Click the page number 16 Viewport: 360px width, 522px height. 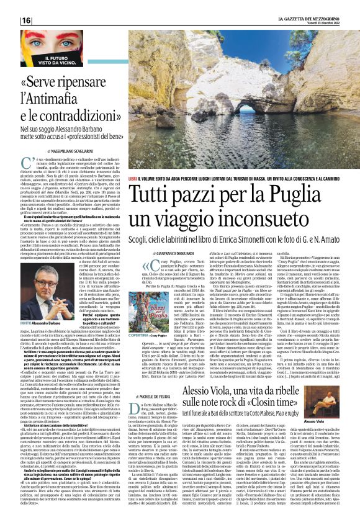coord(27,20)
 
